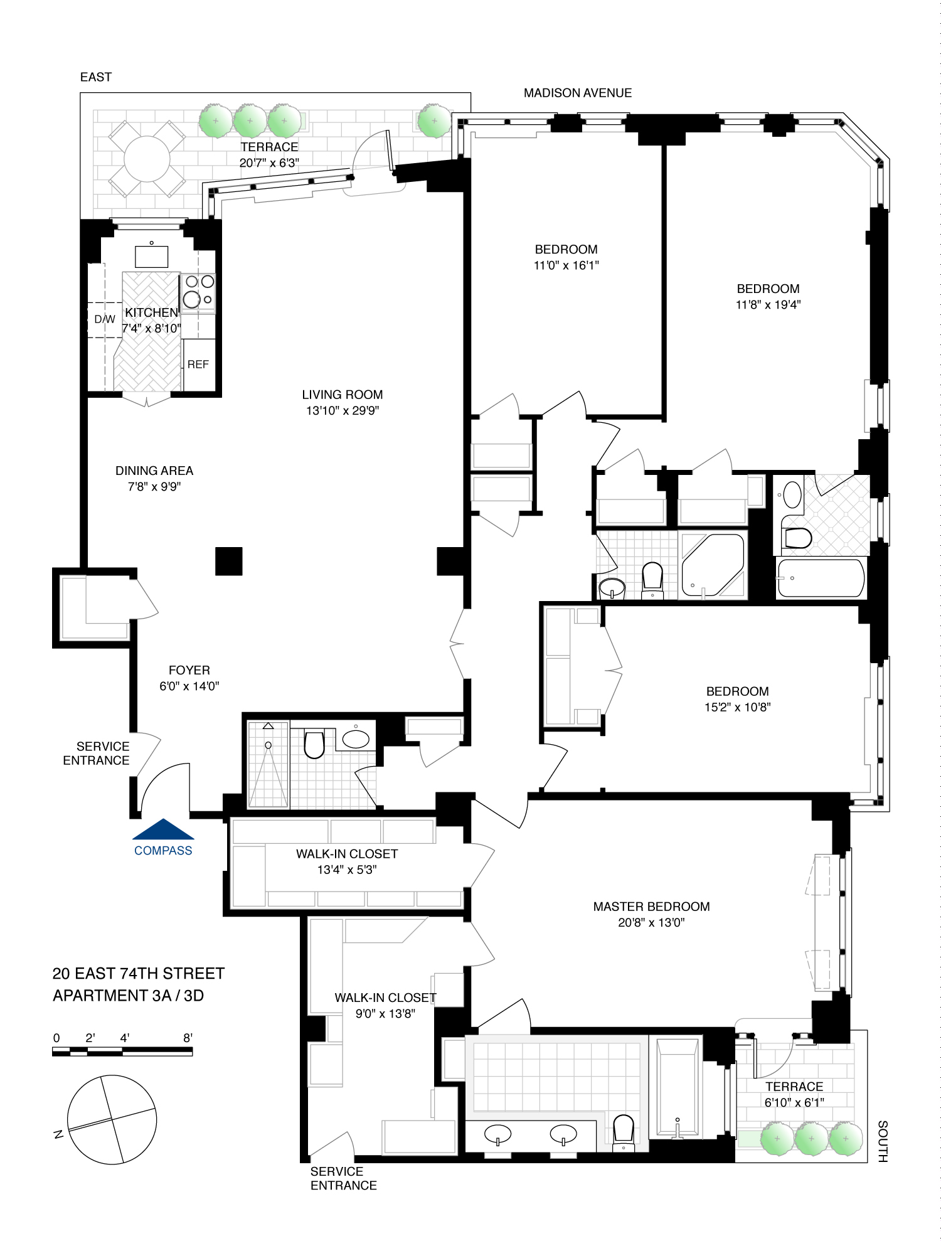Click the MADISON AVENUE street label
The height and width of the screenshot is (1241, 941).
577,93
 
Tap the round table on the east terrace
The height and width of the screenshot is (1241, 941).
147,159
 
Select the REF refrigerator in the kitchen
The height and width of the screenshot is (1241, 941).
198,365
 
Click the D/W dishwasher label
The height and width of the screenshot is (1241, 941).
104,319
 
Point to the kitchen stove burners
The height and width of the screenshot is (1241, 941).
199,291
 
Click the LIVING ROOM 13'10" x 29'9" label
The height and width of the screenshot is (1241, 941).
342,402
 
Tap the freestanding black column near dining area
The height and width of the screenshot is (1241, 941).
228,561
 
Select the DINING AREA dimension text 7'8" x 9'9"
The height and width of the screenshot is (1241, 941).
154,486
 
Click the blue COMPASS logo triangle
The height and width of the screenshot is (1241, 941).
163,829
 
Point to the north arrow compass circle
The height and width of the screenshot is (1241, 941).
112,1119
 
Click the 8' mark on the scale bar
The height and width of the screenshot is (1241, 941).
188,1038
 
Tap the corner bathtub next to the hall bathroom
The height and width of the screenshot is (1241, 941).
713,565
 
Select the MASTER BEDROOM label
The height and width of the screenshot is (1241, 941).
651,907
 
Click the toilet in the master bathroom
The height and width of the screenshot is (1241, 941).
623,1129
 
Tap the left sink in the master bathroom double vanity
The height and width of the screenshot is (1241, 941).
497,1134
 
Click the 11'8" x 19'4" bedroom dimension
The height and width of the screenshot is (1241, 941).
768,305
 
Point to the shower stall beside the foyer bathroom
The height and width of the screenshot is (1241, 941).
268,765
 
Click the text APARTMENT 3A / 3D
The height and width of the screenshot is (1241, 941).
128,996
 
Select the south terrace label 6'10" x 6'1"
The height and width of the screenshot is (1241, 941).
794,1102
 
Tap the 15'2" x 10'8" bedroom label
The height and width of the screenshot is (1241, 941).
737,707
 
